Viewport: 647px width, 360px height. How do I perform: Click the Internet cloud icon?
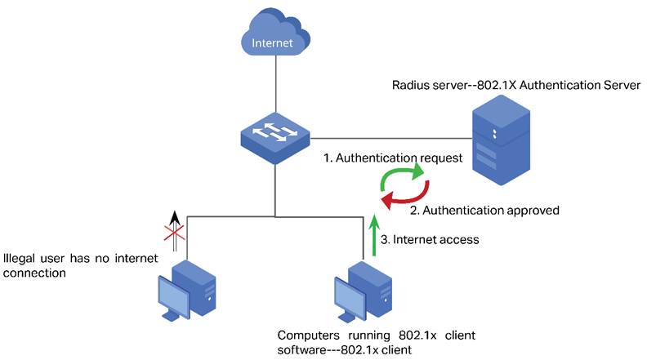pyautogui.click(x=274, y=39)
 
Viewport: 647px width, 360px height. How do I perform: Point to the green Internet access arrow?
pyautogui.click(x=374, y=236)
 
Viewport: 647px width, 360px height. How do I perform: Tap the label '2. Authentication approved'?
pyautogui.click(x=484, y=210)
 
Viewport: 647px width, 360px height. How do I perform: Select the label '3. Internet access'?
pyautogui.click(x=431, y=239)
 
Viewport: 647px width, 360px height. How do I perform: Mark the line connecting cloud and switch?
pyautogui.click(x=274, y=87)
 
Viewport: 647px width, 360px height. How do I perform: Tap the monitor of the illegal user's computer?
pyautogui.click(x=173, y=295)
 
